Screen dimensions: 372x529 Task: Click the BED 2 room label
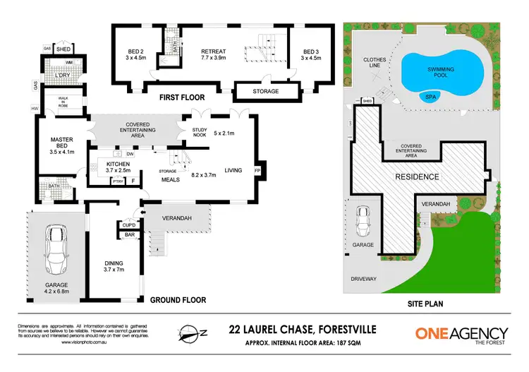click(x=136, y=52)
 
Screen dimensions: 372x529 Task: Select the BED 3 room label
click(x=311, y=52)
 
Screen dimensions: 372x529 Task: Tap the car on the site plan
click(x=364, y=222)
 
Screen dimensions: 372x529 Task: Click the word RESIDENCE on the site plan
click(x=417, y=176)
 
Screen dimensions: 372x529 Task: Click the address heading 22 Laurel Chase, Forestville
click(x=304, y=328)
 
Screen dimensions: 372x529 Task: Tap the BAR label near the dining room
click(x=130, y=234)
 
